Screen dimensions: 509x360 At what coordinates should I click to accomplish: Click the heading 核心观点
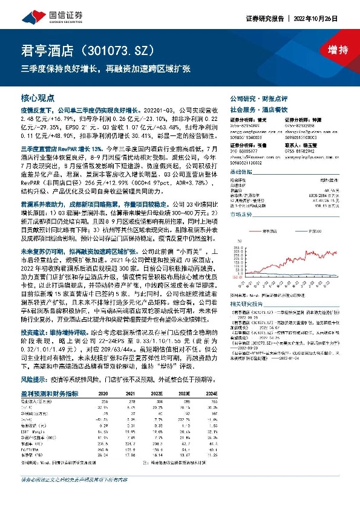(x=38, y=97)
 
